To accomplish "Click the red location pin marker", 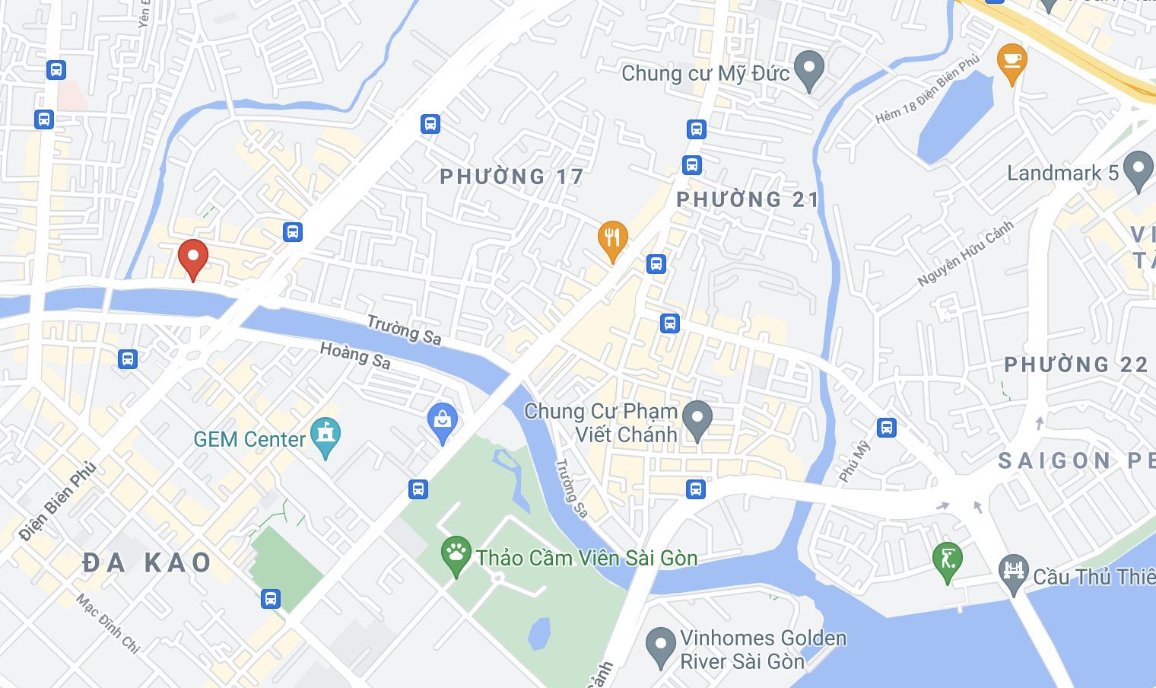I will tap(193, 257).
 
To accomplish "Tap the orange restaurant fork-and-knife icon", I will tap(612, 239).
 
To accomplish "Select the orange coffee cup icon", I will tap(1011, 61).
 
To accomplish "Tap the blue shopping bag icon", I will tap(443, 421).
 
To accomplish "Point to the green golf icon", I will tap(948, 560).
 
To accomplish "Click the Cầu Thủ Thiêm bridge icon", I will tap(1014, 572).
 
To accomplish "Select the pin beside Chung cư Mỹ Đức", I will tap(809, 69).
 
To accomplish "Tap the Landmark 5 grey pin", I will tap(1139, 170).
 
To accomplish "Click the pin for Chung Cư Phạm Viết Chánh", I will tap(697, 419).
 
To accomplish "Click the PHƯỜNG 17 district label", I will tap(512, 177).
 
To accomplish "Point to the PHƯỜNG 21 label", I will tap(748, 200).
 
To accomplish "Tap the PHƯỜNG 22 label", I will tap(1076, 365).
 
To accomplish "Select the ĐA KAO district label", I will tap(147, 563).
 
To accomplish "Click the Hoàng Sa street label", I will tap(355, 355).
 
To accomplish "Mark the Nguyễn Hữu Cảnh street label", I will tap(965, 253).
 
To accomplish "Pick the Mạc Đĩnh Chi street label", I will tap(108, 623).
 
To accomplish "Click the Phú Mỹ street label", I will tap(854, 461).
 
